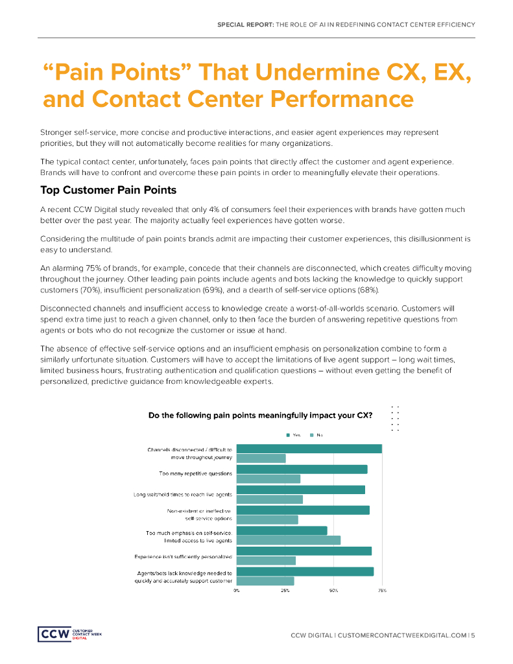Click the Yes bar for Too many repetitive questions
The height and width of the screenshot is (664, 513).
[x=302, y=469]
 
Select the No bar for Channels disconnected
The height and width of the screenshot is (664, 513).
[x=261, y=458]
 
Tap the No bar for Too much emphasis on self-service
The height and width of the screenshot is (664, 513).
[x=289, y=540]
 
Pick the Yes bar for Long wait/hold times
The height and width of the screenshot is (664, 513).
[x=301, y=490]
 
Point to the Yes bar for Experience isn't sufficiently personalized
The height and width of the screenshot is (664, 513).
[x=304, y=551]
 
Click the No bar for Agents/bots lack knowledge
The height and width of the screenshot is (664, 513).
[x=265, y=581]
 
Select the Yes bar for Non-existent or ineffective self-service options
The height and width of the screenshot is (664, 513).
[x=303, y=510]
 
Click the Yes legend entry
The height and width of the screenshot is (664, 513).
[x=293, y=434]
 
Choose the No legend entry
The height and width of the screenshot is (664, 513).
[x=316, y=434]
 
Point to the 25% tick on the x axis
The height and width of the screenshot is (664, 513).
[x=285, y=591]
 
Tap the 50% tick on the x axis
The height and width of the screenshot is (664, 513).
[x=333, y=591]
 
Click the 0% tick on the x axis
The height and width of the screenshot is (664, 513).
[x=237, y=591]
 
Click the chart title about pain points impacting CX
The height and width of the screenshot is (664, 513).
[x=260, y=414]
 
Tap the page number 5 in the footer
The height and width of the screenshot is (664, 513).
[x=473, y=635]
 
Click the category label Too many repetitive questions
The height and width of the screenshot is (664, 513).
[x=195, y=473]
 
